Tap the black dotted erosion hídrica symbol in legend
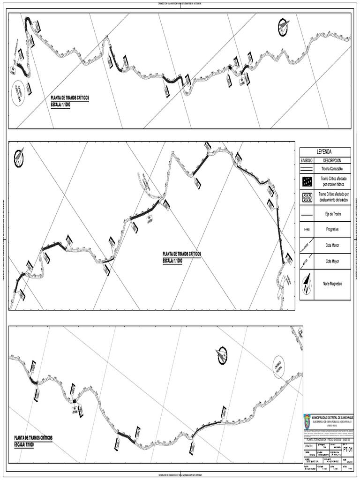coord(307,181)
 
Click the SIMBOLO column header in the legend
coord(307,160)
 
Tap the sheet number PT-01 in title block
coord(347,449)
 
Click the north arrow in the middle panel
coord(19,156)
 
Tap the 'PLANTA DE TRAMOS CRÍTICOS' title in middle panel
coord(182,254)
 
